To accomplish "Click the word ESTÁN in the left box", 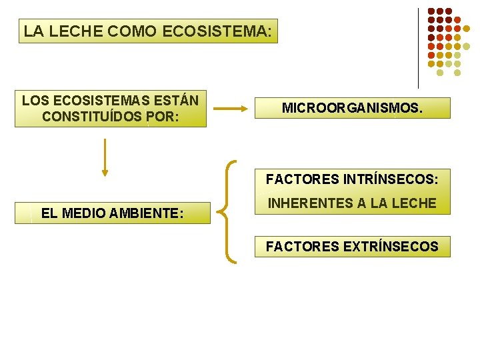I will pos(176,101).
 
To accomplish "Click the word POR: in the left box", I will pos(163,117).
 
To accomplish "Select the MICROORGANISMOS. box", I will pos(352,108).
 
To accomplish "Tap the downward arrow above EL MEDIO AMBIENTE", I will pos(105,157).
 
